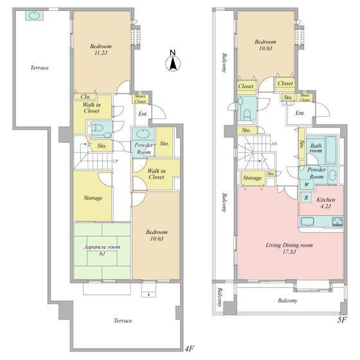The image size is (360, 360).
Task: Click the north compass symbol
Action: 173,61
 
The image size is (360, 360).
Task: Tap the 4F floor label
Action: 190,349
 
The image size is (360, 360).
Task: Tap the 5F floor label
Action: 342,320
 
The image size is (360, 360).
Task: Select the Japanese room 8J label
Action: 102,250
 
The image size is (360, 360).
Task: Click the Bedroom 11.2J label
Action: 101,50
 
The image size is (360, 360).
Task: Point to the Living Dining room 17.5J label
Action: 289,248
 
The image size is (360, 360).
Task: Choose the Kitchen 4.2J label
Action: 325,203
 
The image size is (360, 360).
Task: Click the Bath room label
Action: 316,148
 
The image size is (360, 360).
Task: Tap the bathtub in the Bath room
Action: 331,150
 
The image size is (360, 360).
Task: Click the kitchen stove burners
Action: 337,221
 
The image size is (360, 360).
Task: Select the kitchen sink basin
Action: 307,222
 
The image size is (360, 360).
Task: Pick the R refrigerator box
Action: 305,197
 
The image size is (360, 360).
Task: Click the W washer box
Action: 306,184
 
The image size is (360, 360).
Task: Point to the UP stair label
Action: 116,161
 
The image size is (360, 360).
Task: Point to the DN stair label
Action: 274,144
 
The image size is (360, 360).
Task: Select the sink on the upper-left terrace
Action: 34,16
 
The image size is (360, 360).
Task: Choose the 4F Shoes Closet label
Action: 140,99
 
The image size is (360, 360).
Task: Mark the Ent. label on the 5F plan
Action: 300,113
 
